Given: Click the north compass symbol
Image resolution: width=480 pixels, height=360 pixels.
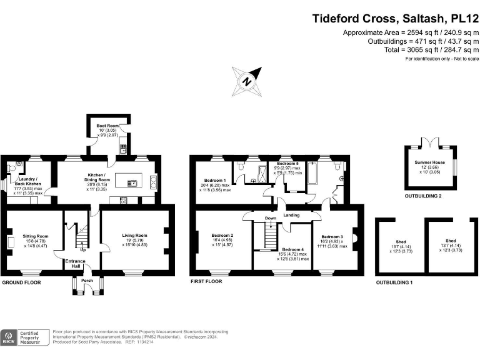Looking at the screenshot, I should pos(247,81).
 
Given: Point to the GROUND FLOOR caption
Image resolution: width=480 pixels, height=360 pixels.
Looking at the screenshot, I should pos(21,282).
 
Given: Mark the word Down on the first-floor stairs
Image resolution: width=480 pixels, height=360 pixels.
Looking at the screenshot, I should pos(270,218).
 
